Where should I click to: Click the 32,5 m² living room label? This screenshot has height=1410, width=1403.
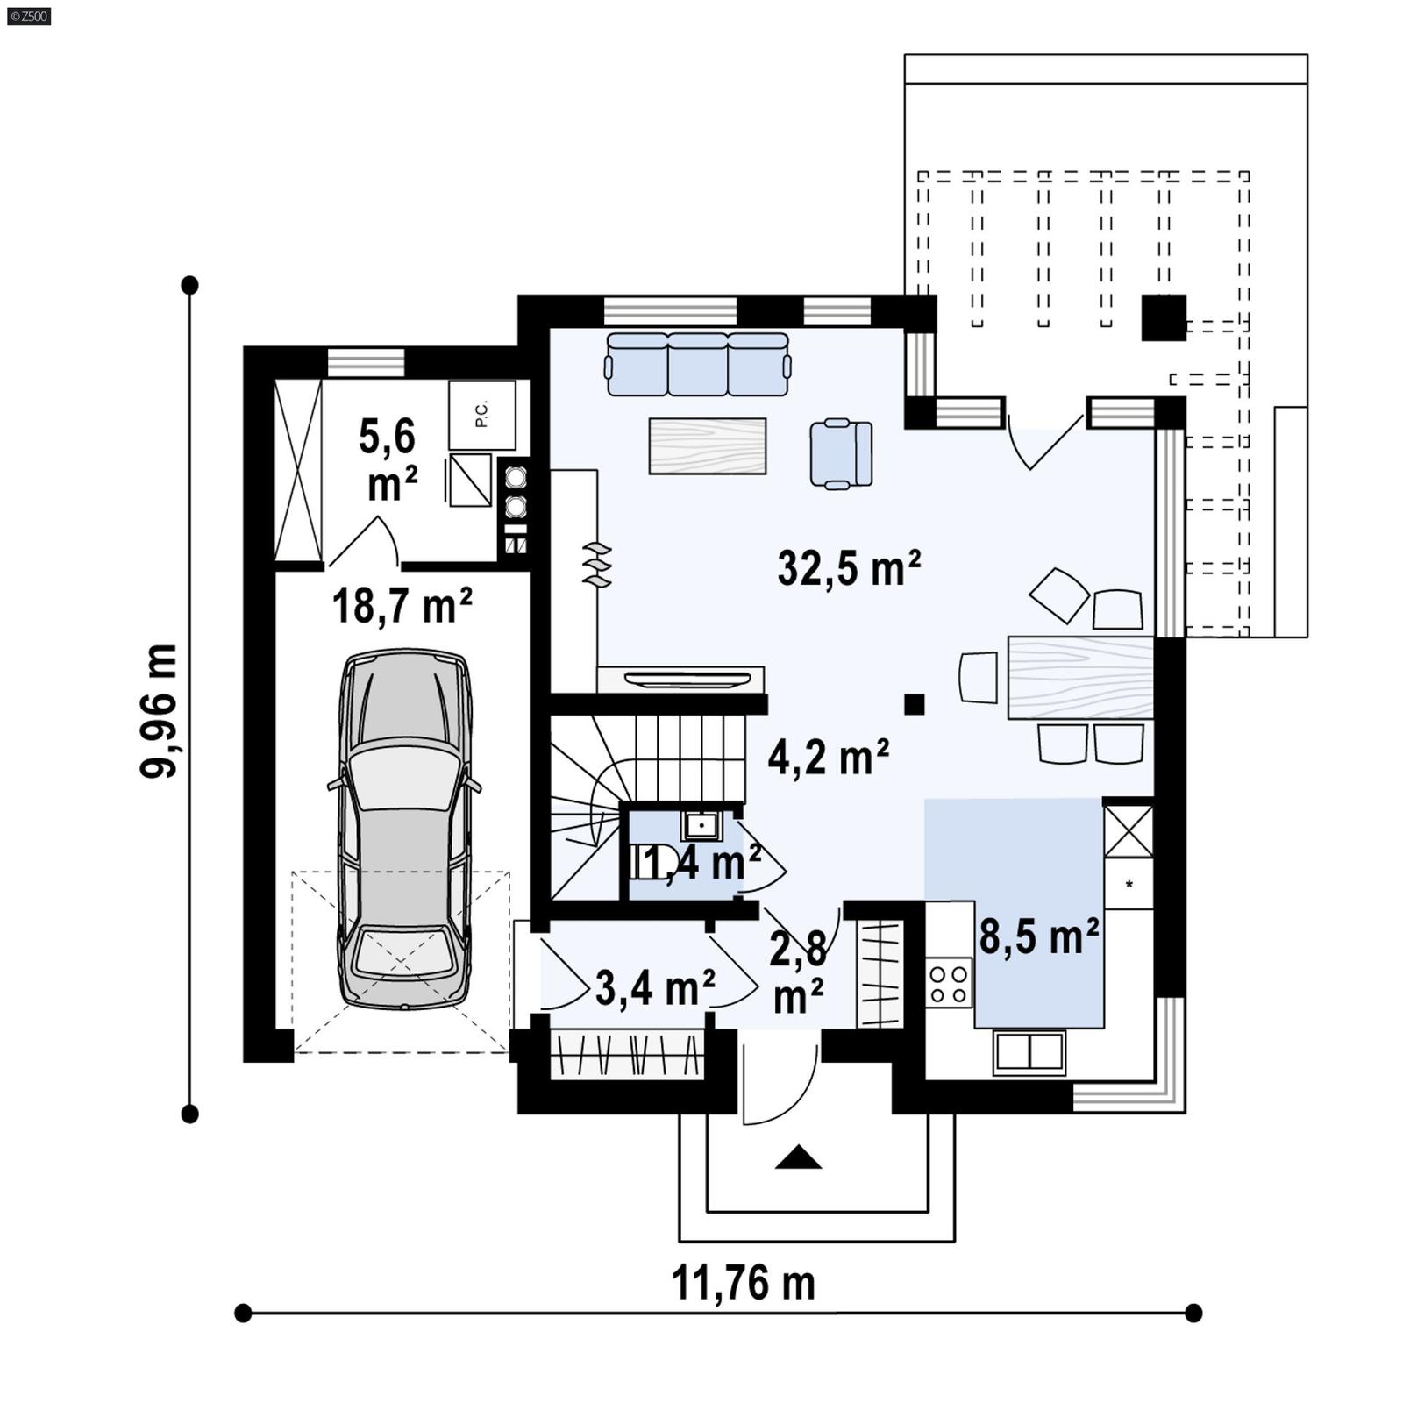click(848, 568)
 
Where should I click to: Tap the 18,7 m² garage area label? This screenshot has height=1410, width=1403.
click(402, 605)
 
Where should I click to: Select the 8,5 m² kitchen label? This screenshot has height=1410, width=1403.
click(1039, 936)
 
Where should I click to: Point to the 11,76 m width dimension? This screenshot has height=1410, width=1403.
click(744, 1283)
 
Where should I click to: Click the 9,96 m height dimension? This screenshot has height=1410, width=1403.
click(160, 710)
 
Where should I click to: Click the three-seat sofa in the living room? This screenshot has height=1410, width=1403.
click(697, 364)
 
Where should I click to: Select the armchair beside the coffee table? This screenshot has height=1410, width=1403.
click(841, 453)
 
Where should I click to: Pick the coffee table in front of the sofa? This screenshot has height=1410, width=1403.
click(707, 446)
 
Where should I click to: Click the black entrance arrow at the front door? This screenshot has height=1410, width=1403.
click(798, 1158)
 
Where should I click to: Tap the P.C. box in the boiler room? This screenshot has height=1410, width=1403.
click(481, 415)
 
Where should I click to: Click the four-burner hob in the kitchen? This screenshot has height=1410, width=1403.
click(949, 984)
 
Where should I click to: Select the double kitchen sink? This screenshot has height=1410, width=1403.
click(1029, 1052)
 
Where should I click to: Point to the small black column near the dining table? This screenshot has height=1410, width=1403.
click(915, 703)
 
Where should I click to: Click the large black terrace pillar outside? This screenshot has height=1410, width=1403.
click(1164, 317)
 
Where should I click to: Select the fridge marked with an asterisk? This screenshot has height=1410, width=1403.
click(1129, 884)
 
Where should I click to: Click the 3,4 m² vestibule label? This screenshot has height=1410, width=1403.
click(654, 988)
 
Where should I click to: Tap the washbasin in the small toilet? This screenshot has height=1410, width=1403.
click(701, 825)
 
